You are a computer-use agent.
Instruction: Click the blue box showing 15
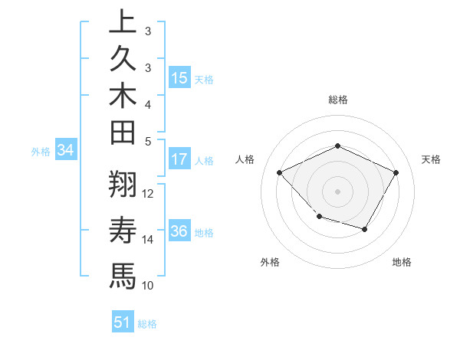(179, 78)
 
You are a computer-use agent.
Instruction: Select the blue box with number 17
(179, 159)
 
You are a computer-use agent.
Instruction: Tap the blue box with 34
(66, 151)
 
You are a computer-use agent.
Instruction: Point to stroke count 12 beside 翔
(149, 193)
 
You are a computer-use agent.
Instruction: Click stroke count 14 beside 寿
(149, 239)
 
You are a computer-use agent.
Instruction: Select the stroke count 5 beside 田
(148, 141)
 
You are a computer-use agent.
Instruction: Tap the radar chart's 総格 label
(337, 100)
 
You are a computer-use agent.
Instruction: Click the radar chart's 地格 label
(402, 262)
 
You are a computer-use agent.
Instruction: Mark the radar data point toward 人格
(280, 173)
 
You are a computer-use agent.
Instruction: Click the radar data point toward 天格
(396, 173)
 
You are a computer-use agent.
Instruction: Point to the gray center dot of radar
(337, 191)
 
